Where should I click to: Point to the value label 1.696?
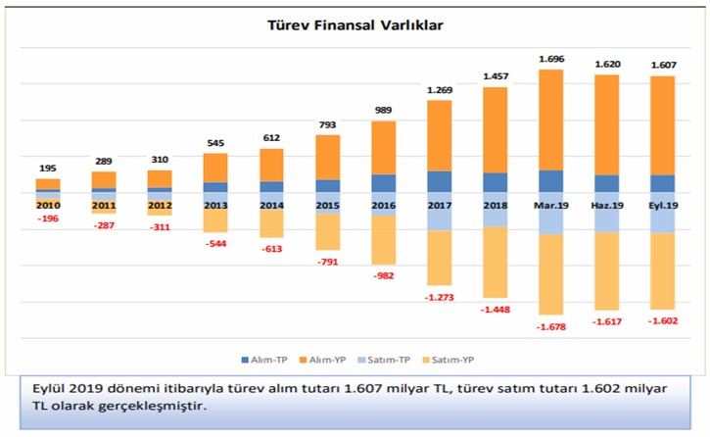[x=551, y=59]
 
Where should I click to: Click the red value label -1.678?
[x=551, y=327]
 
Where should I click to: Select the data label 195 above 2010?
[x=47, y=169]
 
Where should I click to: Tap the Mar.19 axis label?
[x=551, y=205]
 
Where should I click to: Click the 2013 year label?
[x=215, y=205]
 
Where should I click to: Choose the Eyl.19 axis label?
[x=663, y=205]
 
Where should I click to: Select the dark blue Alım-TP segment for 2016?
[x=384, y=183]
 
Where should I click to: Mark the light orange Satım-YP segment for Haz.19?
[x=607, y=271]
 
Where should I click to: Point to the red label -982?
[x=384, y=275]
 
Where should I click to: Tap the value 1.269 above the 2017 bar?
[x=440, y=90]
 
